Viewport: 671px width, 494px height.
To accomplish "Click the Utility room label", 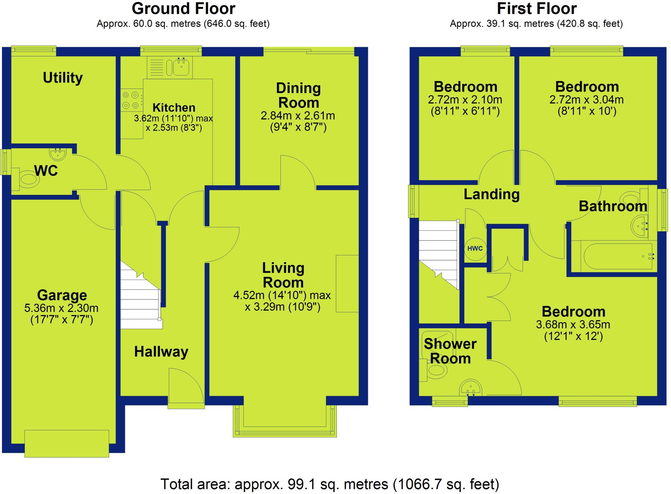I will pos(63,78).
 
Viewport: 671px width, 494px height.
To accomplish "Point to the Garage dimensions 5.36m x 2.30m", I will pos(61,308).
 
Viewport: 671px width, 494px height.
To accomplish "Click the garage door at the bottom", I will pos(67,443).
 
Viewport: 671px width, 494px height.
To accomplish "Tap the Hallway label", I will pos(161,352).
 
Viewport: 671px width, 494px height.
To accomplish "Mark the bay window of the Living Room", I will pos(285,422).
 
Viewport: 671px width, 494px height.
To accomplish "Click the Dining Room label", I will pos(298,95).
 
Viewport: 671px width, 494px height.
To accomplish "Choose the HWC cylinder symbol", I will pos(475,249).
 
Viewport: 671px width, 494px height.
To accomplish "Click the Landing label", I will pos(491,194).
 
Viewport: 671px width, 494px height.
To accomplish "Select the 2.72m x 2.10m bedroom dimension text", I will pos(465,100).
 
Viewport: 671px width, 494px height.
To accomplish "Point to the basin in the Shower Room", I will pos(471,388).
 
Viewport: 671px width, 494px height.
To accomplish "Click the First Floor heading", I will pos(536,9).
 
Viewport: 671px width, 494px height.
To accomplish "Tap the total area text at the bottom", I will pos(330,484).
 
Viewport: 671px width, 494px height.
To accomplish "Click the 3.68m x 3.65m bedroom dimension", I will pos(573,325).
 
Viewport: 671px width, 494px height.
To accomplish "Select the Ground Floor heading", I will pos(183,9).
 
